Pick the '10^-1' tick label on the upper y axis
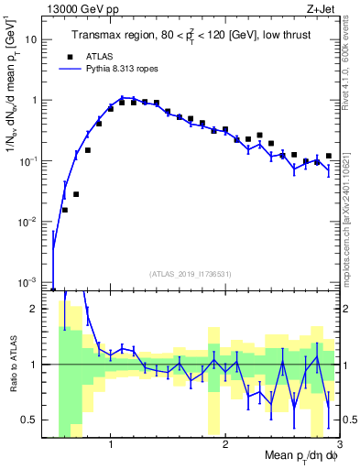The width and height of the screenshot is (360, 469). click(x=33, y=160)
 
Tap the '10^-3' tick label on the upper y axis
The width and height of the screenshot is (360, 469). click(x=33, y=281)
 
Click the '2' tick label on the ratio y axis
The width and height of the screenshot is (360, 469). click(x=38, y=309)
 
